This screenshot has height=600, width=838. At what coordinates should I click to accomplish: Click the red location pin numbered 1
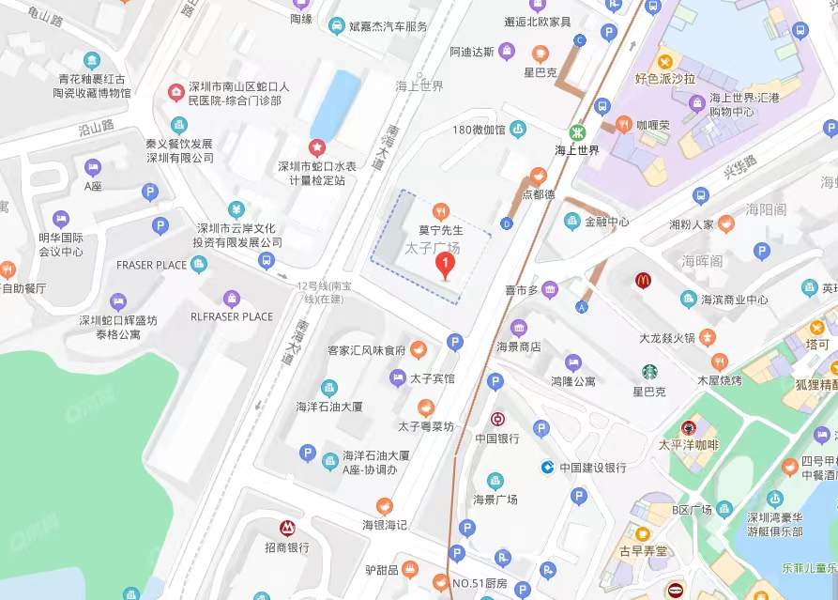447,266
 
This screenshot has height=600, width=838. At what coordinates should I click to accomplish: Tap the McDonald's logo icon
643,280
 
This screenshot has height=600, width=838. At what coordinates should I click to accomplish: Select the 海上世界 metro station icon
575,132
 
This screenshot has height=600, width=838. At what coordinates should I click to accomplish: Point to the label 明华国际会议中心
60,244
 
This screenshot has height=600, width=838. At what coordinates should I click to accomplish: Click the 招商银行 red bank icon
287,529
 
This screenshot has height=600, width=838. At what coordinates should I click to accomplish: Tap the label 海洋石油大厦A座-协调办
375,461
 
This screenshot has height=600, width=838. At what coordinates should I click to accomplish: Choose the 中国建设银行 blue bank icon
547,467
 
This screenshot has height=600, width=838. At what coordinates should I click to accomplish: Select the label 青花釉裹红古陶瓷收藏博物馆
92,86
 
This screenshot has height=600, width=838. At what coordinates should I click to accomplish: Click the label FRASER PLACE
151,265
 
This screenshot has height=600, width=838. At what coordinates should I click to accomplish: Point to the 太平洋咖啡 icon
689,427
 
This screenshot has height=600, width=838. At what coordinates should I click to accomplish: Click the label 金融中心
606,223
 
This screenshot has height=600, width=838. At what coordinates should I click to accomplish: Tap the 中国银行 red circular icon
497,420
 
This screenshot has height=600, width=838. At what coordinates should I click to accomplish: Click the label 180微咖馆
479,130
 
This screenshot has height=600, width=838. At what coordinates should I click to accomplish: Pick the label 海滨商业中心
736,300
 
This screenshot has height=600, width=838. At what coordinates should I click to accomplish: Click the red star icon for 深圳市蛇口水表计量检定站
317,147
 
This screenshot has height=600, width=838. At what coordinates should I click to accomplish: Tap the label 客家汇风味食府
366,350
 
